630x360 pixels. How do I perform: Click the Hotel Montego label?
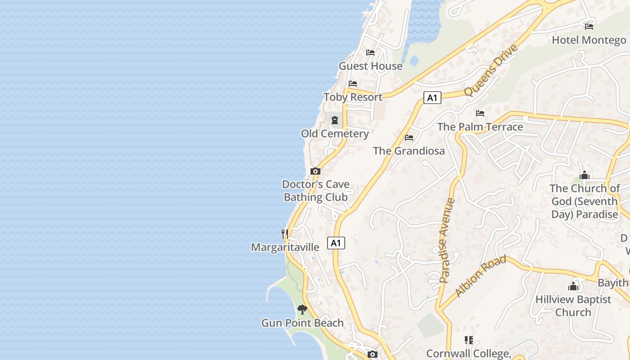point(589,40)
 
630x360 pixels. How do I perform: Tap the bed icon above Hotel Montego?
point(589,27)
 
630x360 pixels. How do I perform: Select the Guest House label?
point(370,66)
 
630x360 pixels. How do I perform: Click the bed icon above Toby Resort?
point(353,84)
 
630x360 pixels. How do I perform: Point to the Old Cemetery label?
point(335,134)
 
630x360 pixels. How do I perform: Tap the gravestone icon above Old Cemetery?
point(335,120)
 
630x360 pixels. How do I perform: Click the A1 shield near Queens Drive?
point(432,98)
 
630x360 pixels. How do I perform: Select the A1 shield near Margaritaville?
point(336,243)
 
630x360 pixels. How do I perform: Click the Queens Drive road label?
point(491,70)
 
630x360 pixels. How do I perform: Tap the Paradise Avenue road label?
point(447,240)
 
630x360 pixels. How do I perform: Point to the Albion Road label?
point(480,276)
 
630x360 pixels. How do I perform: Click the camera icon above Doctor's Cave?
point(315,171)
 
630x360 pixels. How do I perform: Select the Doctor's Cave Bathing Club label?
point(316,191)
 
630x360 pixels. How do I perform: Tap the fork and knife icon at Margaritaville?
point(285,234)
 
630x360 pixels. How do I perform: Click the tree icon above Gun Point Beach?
point(302,310)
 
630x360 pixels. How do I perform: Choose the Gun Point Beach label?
point(302,323)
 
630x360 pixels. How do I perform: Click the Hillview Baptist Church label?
point(573,306)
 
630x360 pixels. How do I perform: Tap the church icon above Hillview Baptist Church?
point(573,286)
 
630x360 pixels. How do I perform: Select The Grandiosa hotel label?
point(409,151)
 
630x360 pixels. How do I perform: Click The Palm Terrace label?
point(480,127)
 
